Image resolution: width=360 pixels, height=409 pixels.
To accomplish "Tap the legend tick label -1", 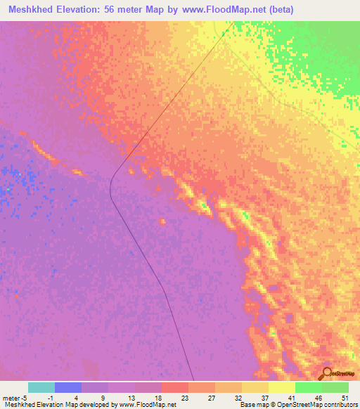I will (x=50, y=397).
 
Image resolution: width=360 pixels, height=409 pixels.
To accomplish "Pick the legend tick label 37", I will (x=265, y=397).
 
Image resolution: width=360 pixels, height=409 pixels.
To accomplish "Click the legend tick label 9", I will (x=104, y=397).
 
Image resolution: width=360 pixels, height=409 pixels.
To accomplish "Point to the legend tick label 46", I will (x=319, y=397).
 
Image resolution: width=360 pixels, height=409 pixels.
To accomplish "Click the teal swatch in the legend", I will (x=41, y=387).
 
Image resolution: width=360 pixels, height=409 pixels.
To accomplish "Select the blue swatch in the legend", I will (x=68, y=387).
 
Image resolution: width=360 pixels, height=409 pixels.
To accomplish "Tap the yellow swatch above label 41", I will (x=282, y=387).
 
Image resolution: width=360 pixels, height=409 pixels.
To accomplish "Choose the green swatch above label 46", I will (x=309, y=387).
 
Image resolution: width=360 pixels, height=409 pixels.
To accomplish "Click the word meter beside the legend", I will (x=12, y=397).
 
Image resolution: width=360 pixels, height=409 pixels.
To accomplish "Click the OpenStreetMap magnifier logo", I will (x=326, y=374).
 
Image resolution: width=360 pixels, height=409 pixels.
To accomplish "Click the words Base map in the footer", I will (x=253, y=405).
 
